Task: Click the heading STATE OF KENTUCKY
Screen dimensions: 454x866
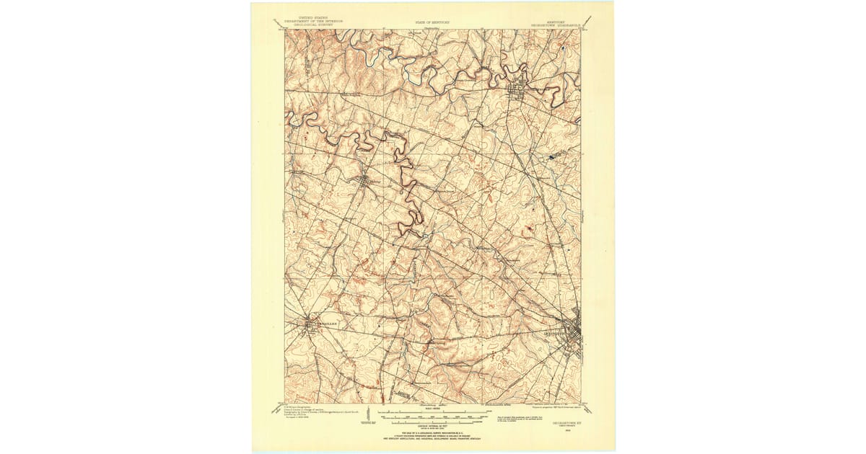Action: (430, 22)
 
